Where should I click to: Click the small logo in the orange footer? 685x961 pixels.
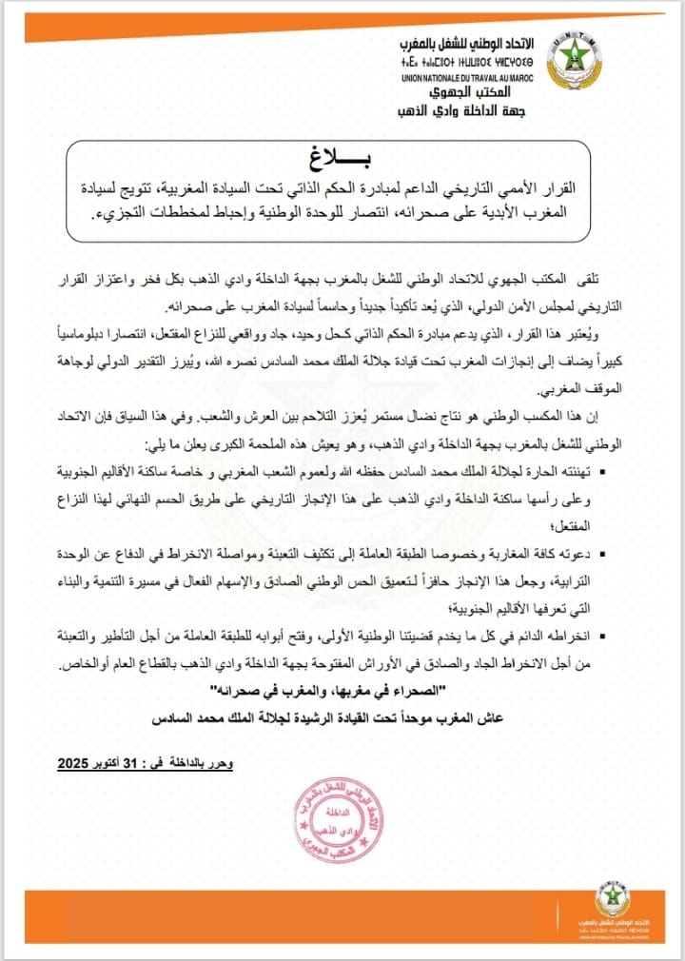[611, 903]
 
